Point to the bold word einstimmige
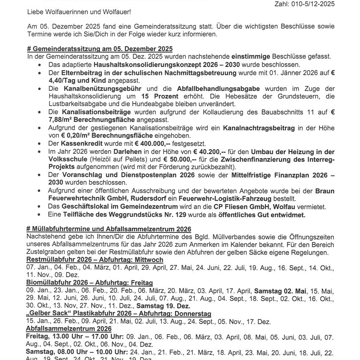click(x=250, y=57)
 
